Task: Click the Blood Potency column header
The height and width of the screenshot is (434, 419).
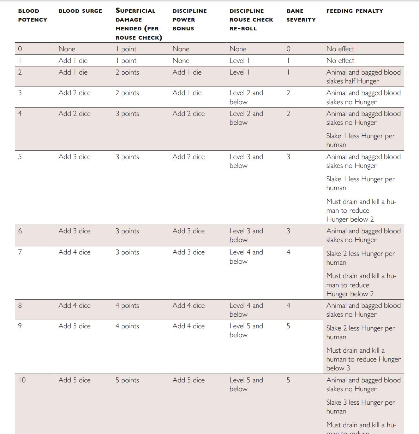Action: click(32, 15)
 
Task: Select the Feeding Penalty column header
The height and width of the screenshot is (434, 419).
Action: click(354, 11)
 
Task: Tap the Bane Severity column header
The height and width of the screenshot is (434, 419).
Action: click(301, 15)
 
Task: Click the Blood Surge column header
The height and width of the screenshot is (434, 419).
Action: click(80, 11)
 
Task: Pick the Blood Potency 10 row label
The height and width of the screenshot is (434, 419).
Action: click(22, 380)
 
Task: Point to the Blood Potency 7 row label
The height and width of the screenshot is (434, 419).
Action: click(20, 252)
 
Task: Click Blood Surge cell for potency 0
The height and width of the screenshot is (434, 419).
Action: click(67, 49)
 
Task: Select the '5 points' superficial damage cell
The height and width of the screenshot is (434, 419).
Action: click(127, 380)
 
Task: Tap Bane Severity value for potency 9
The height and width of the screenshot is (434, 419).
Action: click(288, 326)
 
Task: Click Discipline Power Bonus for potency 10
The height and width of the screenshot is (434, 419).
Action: click(188, 380)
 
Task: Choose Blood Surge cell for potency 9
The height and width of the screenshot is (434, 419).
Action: click(74, 326)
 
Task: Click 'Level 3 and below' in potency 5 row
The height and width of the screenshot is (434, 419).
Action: click(246, 161)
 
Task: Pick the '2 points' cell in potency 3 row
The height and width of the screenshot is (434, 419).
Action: click(127, 93)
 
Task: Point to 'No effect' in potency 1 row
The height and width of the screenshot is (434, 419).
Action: click(340, 60)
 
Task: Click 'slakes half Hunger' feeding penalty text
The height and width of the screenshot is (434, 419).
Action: click(352, 81)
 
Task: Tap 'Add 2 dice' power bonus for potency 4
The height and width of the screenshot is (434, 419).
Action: click(188, 113)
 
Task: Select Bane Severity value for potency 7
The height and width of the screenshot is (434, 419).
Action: click(288, 252)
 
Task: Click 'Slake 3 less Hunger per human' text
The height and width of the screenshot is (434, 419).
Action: click(360, 406)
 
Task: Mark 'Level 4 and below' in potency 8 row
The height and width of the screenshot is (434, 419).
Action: click(246, 310)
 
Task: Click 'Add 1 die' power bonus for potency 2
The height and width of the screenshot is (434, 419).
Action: click(187, 72)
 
